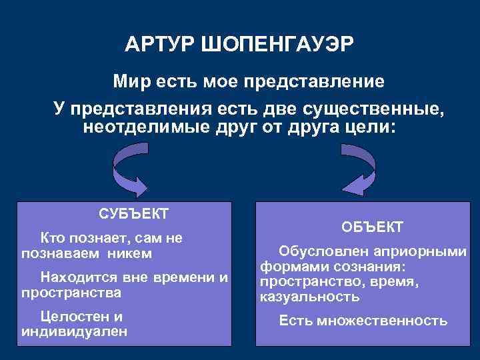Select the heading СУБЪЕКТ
coord(133,214)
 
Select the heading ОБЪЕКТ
coord(373,227)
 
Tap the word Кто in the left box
coord(53,237)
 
